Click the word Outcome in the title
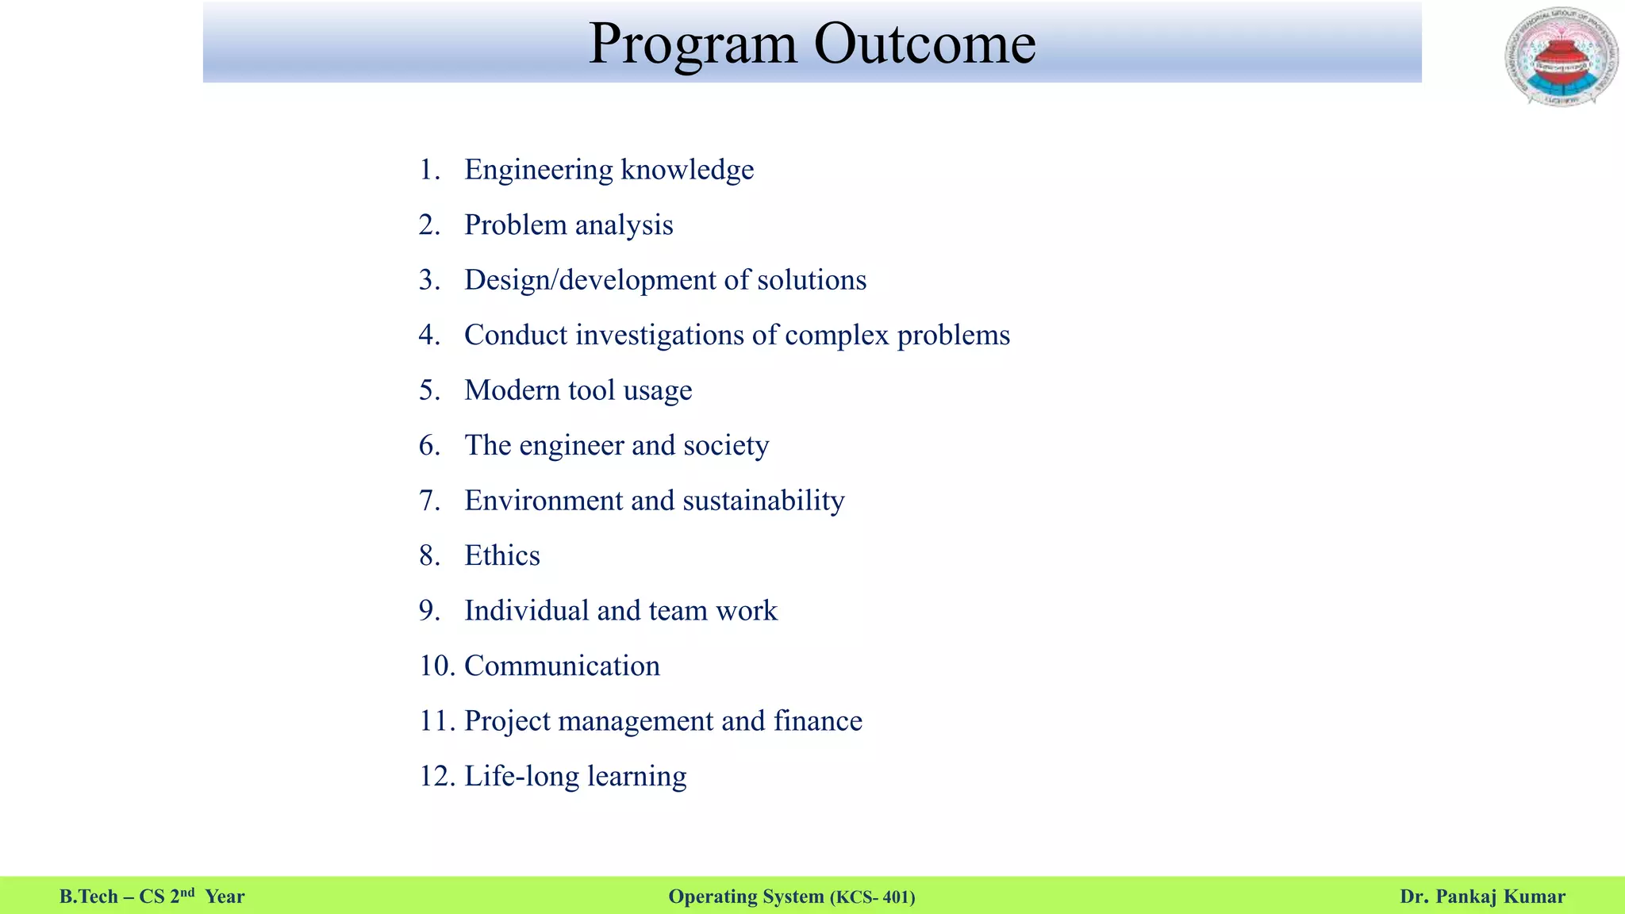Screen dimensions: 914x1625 pos(924,44)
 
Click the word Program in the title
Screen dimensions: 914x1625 pos(692,45)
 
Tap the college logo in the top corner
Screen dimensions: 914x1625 pos(1561,57)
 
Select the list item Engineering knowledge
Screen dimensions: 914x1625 pos(609,170)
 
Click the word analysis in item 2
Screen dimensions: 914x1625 pos(624,225)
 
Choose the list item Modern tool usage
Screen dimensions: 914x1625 pos(578,390)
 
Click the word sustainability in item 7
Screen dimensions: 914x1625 pos(763,501)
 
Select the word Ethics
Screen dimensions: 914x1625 pos(501,555)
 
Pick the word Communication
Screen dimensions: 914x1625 pos(562,666)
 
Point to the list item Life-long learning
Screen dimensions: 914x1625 pos(575,776)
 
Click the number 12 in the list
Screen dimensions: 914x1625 pos(435,776)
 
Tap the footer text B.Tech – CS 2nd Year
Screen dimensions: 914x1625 pos(152,897)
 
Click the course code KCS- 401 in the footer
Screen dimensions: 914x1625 pos(872,897)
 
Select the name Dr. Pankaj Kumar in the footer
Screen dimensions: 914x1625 pos(1482,897)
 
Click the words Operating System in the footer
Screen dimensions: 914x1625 pos(746,897)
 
